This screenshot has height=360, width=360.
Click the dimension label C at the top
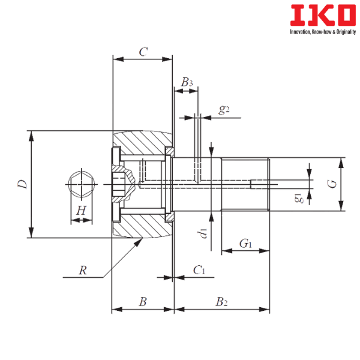(x=142, y=53)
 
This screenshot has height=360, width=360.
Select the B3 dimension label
(x=187, y=83)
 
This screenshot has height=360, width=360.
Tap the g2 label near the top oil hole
(x=224, y=110)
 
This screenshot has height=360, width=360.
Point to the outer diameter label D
(x=22, y=184)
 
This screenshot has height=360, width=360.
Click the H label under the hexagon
(x=82, y=210)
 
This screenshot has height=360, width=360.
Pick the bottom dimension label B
(x=142, y=302)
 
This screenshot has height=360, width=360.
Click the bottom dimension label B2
(x=221, y=302)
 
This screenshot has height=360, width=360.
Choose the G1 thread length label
(x=245, y=244)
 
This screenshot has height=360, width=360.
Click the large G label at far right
(x=329, y=184)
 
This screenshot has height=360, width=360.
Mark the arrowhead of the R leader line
(x=141, y=239)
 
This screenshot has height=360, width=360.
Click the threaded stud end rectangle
(x=245, y=184)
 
